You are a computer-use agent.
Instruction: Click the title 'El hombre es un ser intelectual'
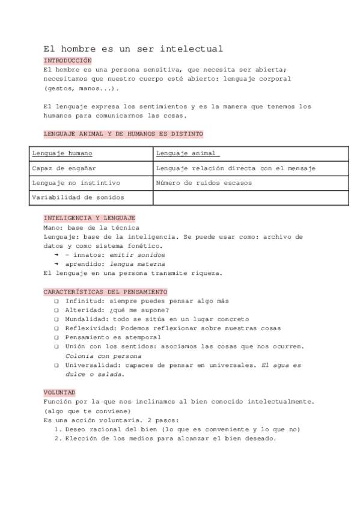(x=133, y=49)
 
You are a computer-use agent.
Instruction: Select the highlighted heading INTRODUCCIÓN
(x=67, y=61)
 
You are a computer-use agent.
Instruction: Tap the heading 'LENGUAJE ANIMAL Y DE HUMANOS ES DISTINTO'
(x=123, y=134)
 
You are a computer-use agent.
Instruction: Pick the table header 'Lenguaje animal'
(x=186, y=153)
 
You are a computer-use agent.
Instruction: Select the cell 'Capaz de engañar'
(x=64, y=168)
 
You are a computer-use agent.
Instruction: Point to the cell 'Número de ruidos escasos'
(x=204, y=183)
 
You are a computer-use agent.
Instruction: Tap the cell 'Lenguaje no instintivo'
(x=76, y=183)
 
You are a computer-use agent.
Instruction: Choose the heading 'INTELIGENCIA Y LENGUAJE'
(x=89, y=218)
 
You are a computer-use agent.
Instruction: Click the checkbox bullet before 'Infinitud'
(x=56, y=301)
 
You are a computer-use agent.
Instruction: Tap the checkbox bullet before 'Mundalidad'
(x=56, y=319)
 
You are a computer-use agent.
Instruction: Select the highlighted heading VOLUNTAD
(x=59, y=392)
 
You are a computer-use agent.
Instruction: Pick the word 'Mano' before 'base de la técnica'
(x=52, y=227)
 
